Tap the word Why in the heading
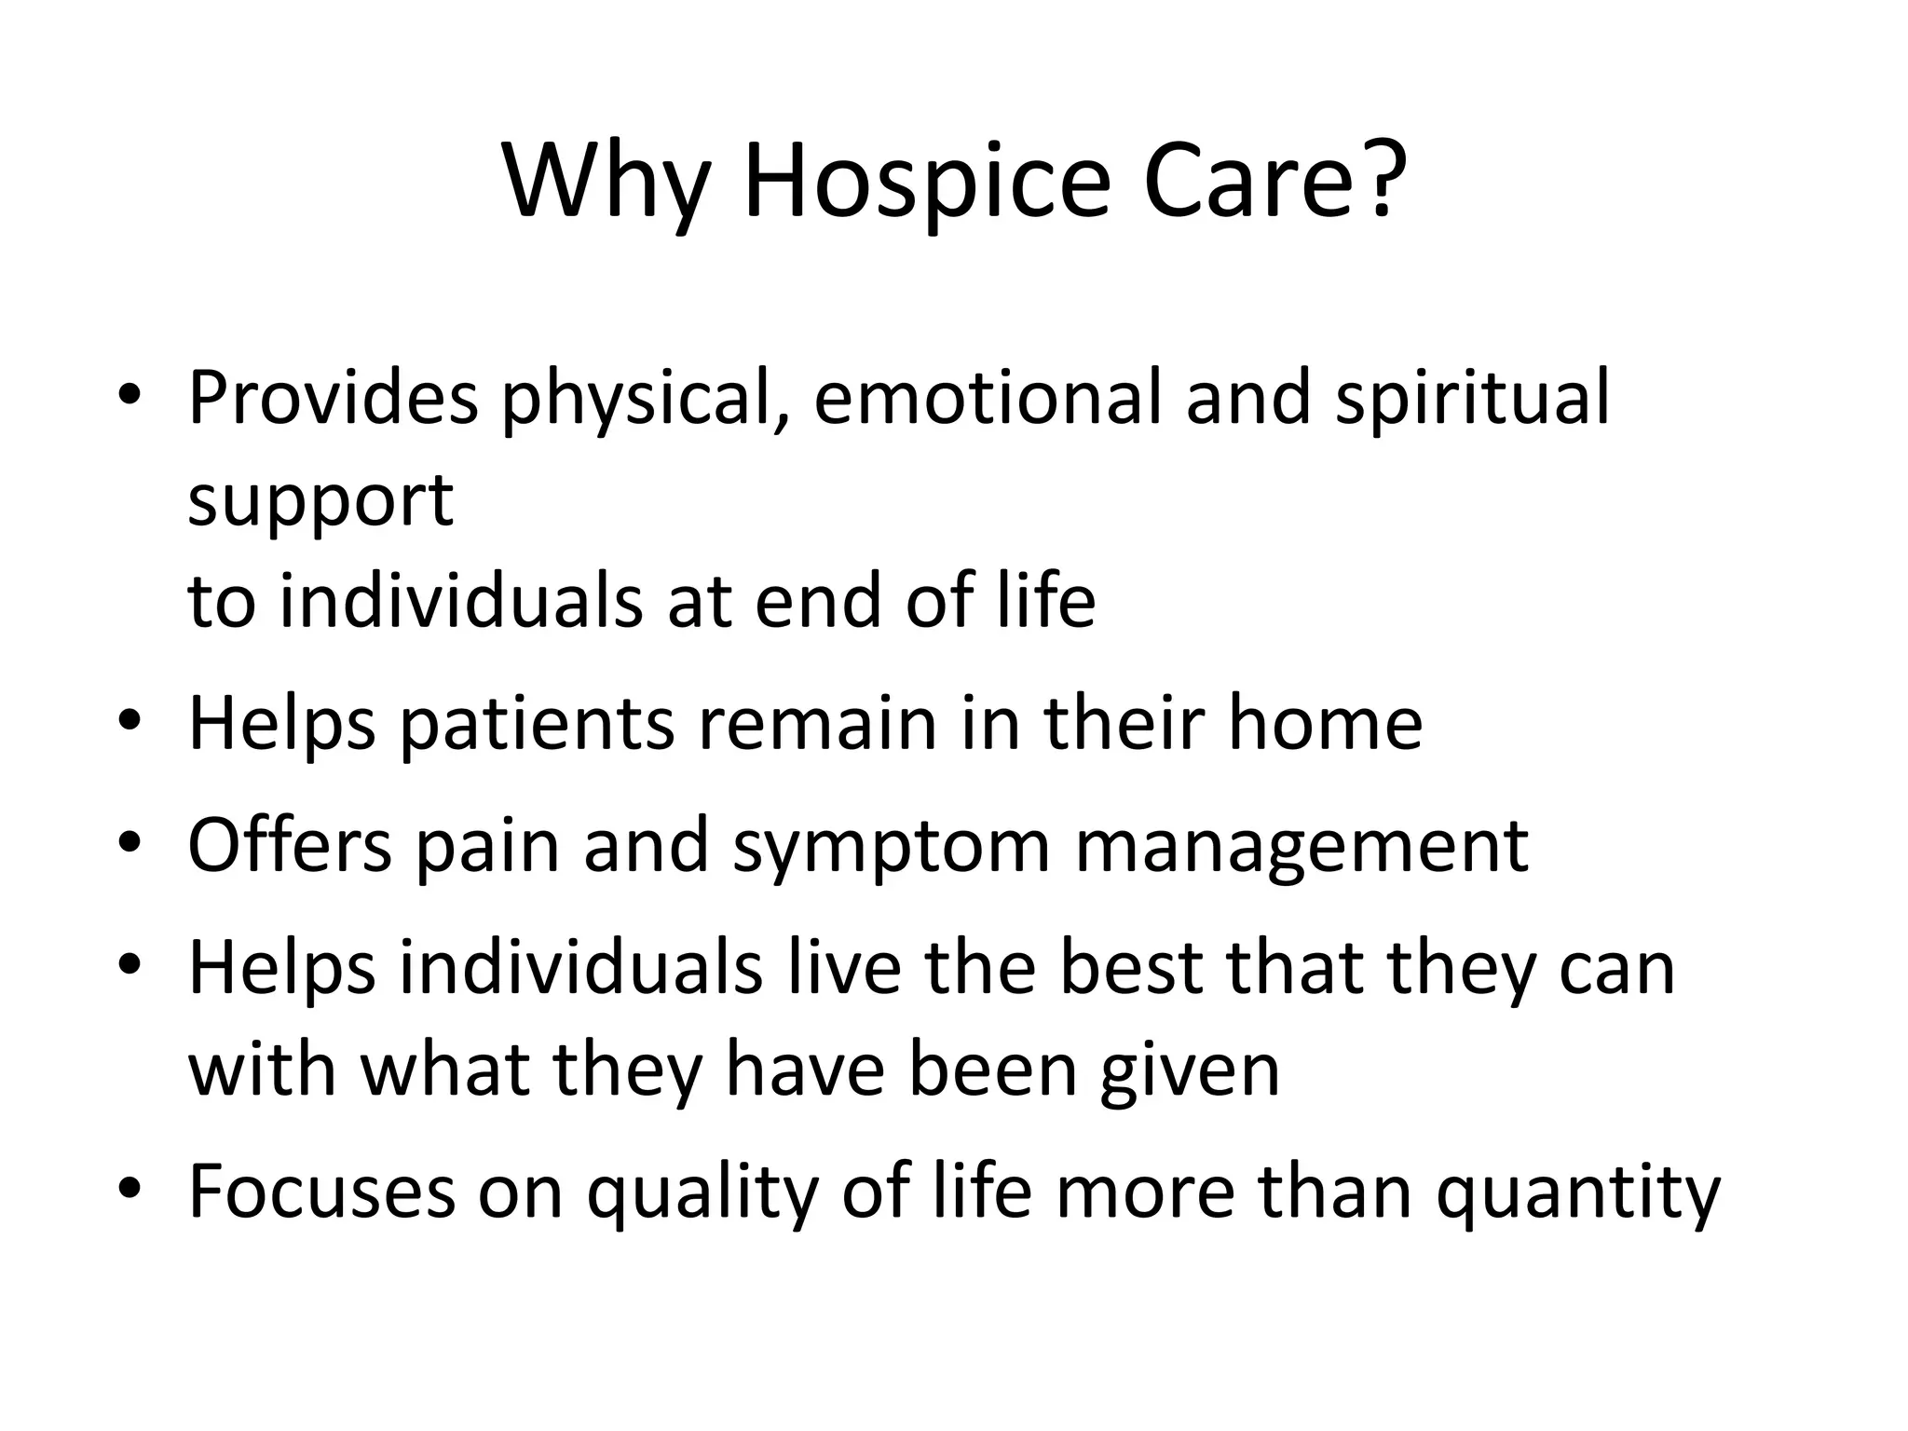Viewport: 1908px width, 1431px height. coord(610,182)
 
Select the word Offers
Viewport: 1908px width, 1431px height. coord(290,845)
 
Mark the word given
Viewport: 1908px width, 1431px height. coord(1190,1071)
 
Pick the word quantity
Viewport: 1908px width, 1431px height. coord(1578,1194)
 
